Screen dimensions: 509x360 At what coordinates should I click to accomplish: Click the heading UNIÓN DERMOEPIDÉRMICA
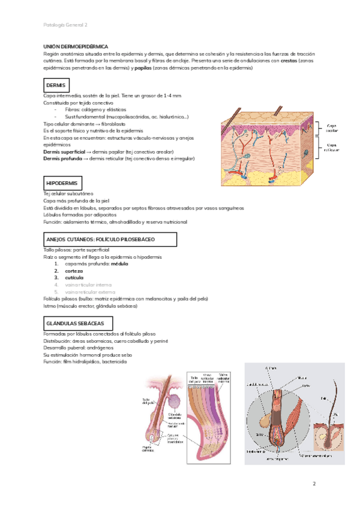tap(76, 46)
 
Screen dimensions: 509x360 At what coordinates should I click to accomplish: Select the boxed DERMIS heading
tap(56, 86)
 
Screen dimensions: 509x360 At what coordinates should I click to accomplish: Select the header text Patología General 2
tap(65, 25)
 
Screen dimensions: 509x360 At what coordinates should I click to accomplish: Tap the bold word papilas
tap(143, 68)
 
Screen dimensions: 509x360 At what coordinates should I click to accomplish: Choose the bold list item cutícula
tap(74, 277)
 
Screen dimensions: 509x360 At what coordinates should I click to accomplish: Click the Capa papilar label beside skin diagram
tap(332, 128)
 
